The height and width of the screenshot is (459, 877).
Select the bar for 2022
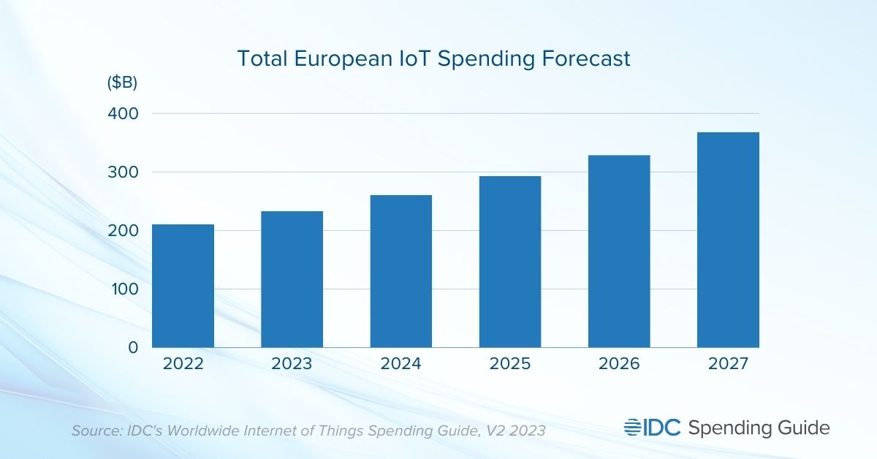(x=183, y=286)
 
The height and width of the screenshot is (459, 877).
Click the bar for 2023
(x=292, y=279)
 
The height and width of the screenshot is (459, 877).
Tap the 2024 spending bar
(x=401, y=271)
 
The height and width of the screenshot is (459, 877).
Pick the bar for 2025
(x=510, y=262)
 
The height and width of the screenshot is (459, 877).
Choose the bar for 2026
(x=619, y=251)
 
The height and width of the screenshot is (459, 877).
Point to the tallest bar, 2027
(x=728, y=240)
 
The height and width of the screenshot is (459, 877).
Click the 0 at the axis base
(x=132, y=348)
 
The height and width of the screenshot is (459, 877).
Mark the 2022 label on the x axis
(x=183, y=363)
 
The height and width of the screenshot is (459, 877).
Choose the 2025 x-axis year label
(x=510, y=363)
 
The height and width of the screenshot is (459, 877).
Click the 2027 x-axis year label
(x=728, y=363)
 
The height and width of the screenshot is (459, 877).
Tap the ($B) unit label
(x=122, y=83)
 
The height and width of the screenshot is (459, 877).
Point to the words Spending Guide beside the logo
(x=759, y=428)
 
